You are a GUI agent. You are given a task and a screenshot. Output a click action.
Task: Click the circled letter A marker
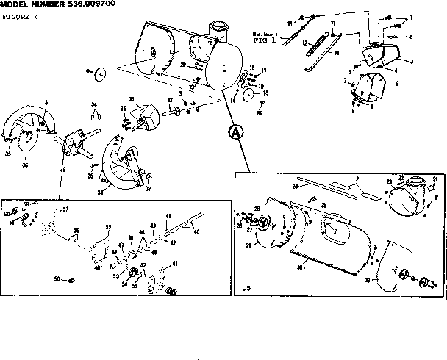pos(235,132)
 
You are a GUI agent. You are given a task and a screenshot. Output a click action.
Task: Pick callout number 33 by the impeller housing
pos(132,99)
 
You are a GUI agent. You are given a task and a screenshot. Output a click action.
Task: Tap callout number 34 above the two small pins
pos(94,105)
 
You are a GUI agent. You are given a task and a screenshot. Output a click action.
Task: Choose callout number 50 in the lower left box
pos(57,279)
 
